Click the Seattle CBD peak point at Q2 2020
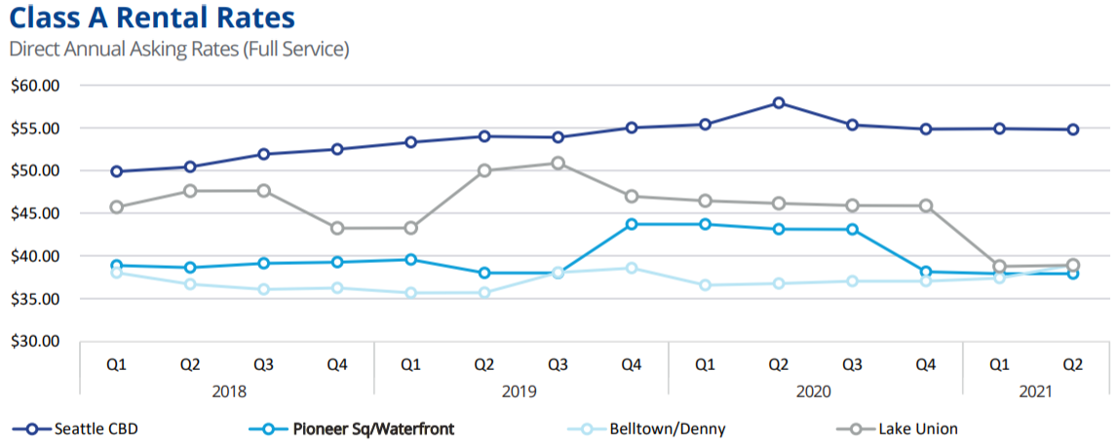click(778, 102)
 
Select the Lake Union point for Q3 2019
click(558, 163)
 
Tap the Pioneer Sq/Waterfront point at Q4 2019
click(632, 224)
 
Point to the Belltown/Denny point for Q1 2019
click(410, 292)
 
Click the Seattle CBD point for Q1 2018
click(117, 171)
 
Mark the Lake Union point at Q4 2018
click(337, 228)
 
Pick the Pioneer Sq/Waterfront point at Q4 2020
click(925, 272)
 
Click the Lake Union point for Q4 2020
click(925, 205)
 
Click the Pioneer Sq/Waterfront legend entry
click(360, 428)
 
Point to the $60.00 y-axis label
click(34, 86)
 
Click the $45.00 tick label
click(34, 213)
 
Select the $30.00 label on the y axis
click(34, 342)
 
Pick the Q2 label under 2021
click(1072, 364)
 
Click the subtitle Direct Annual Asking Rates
click(178, 49)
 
